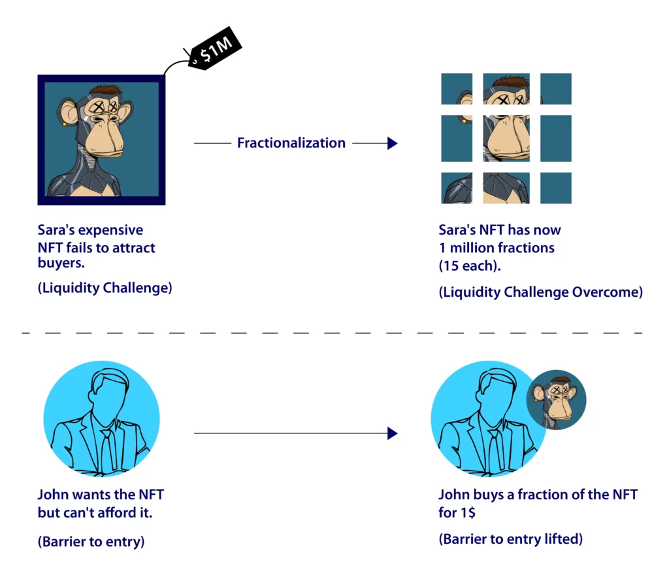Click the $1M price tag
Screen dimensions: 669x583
click(215, 48)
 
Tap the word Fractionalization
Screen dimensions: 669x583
click(291, 142)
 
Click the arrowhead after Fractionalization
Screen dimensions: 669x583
click(393, 143)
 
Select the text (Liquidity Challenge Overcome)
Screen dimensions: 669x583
click(540, 292)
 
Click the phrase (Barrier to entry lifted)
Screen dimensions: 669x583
click(511, 539)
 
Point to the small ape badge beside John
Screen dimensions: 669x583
click(556, 399)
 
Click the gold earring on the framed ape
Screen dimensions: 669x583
click(65, 125)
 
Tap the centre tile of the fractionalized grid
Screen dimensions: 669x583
click(506, 139)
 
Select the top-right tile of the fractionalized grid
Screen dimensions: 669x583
click(555, 89)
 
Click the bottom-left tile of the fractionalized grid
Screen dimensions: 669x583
click(457, 188)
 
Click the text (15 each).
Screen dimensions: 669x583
click(470, 266)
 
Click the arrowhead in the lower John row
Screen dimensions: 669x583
click(393, 433)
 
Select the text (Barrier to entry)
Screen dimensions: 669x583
click(91, 542)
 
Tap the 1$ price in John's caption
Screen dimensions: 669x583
click(468, 512)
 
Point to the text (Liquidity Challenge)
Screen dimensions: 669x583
click(105, 288)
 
